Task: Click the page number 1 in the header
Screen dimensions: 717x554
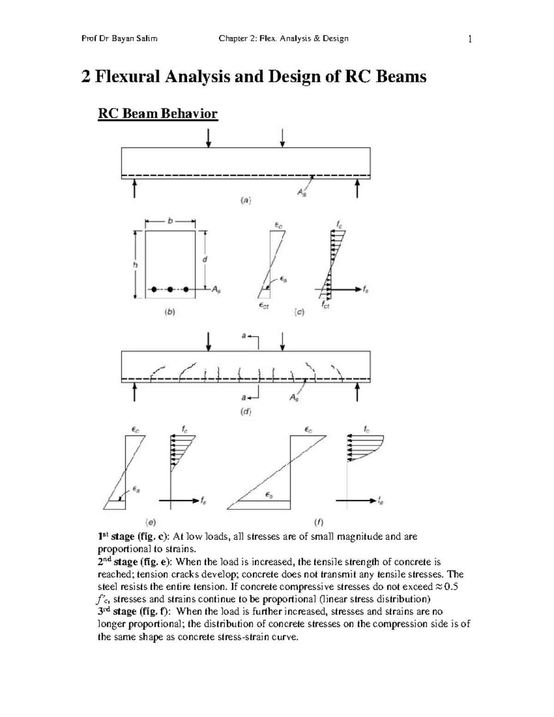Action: (470, 39)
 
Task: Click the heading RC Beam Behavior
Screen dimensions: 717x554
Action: (157, 114)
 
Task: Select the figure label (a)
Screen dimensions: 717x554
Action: (246, 200)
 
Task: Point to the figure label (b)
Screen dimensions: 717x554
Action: (170, 312)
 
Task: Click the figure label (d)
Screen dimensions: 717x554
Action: (246, 412)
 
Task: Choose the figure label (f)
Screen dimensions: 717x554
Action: (319, 522)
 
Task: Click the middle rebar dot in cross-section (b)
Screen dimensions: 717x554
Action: (170, 289)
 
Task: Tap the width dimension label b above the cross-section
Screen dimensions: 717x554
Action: (170, 222)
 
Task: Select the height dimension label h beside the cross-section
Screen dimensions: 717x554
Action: (135, 265)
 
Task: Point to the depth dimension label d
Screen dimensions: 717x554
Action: (205, 259)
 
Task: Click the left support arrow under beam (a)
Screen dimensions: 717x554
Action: (134, 188)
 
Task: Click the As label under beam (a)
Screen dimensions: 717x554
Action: (301, 193)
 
